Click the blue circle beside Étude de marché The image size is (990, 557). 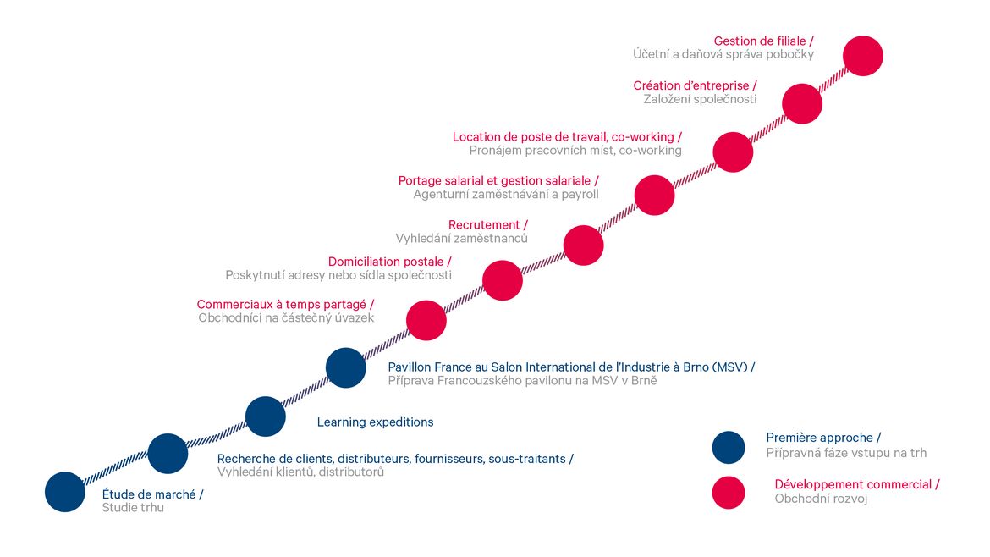[x=65, y=492]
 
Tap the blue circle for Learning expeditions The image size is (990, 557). [x=265, y=416]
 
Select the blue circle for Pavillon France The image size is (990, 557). [x=346, y=367]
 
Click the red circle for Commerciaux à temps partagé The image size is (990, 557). [x=426, y=320]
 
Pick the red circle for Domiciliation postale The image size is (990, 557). [x=503, y=280]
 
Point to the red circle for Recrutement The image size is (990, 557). [x=583, y=245]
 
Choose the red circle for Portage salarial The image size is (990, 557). [x=655, y=196]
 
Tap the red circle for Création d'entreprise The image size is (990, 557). [x=802, y=103]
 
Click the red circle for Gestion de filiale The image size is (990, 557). [x=863, y=56]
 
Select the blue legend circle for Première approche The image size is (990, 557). [x=729, y=448]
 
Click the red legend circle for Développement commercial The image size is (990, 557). [x=729, y=493]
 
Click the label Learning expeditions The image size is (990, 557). [x=375, y=422]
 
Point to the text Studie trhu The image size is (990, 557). [x=133, y=508]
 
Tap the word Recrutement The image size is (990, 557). [x=484, y=225]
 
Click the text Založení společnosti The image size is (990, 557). [x=701, y=99]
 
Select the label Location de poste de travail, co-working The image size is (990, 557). [x=564, y=137]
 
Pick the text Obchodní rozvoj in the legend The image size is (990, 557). [x=822, y=499]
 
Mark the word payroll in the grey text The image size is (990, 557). [x=580, y=195]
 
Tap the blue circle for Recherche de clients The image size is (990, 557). [x=168, y=454]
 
